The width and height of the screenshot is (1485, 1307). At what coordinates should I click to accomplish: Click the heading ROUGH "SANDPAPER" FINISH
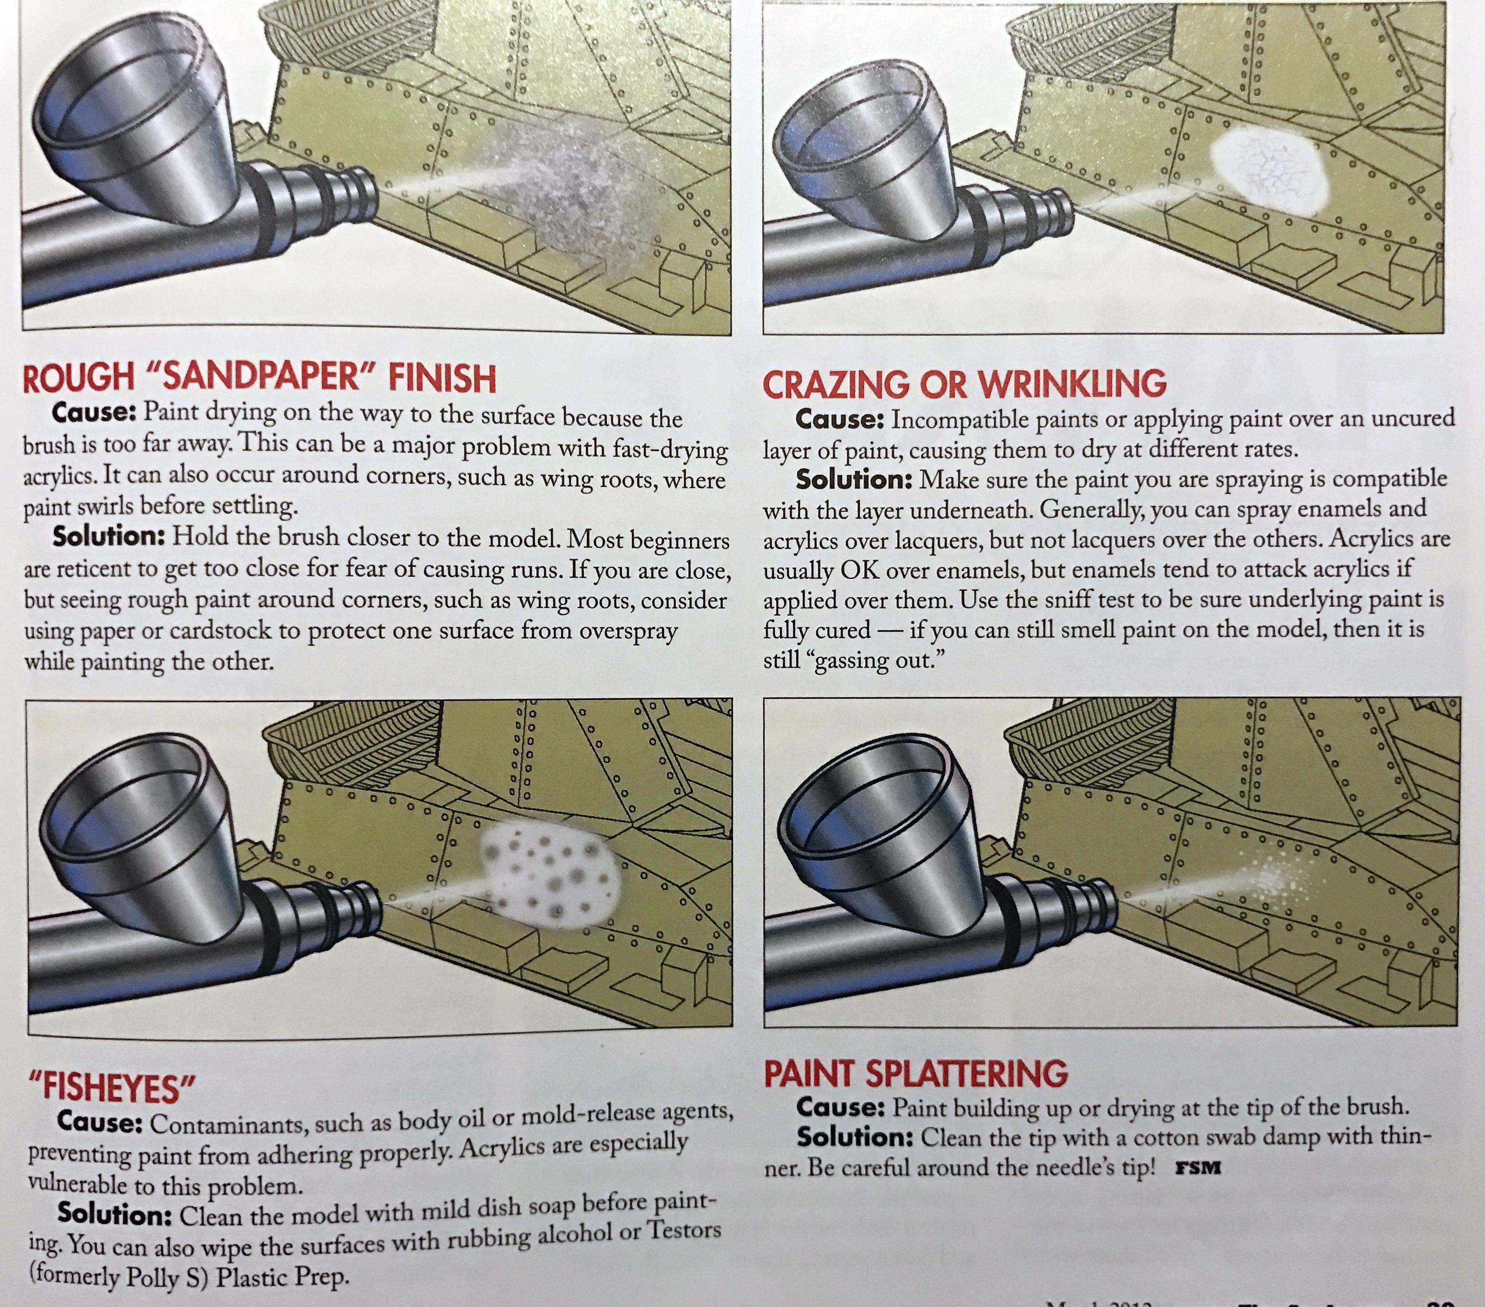pos(259,377)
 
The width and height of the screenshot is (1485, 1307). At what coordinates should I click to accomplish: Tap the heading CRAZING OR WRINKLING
pos(964,383)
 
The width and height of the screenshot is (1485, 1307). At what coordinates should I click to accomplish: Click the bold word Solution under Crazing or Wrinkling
pos(854,479)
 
